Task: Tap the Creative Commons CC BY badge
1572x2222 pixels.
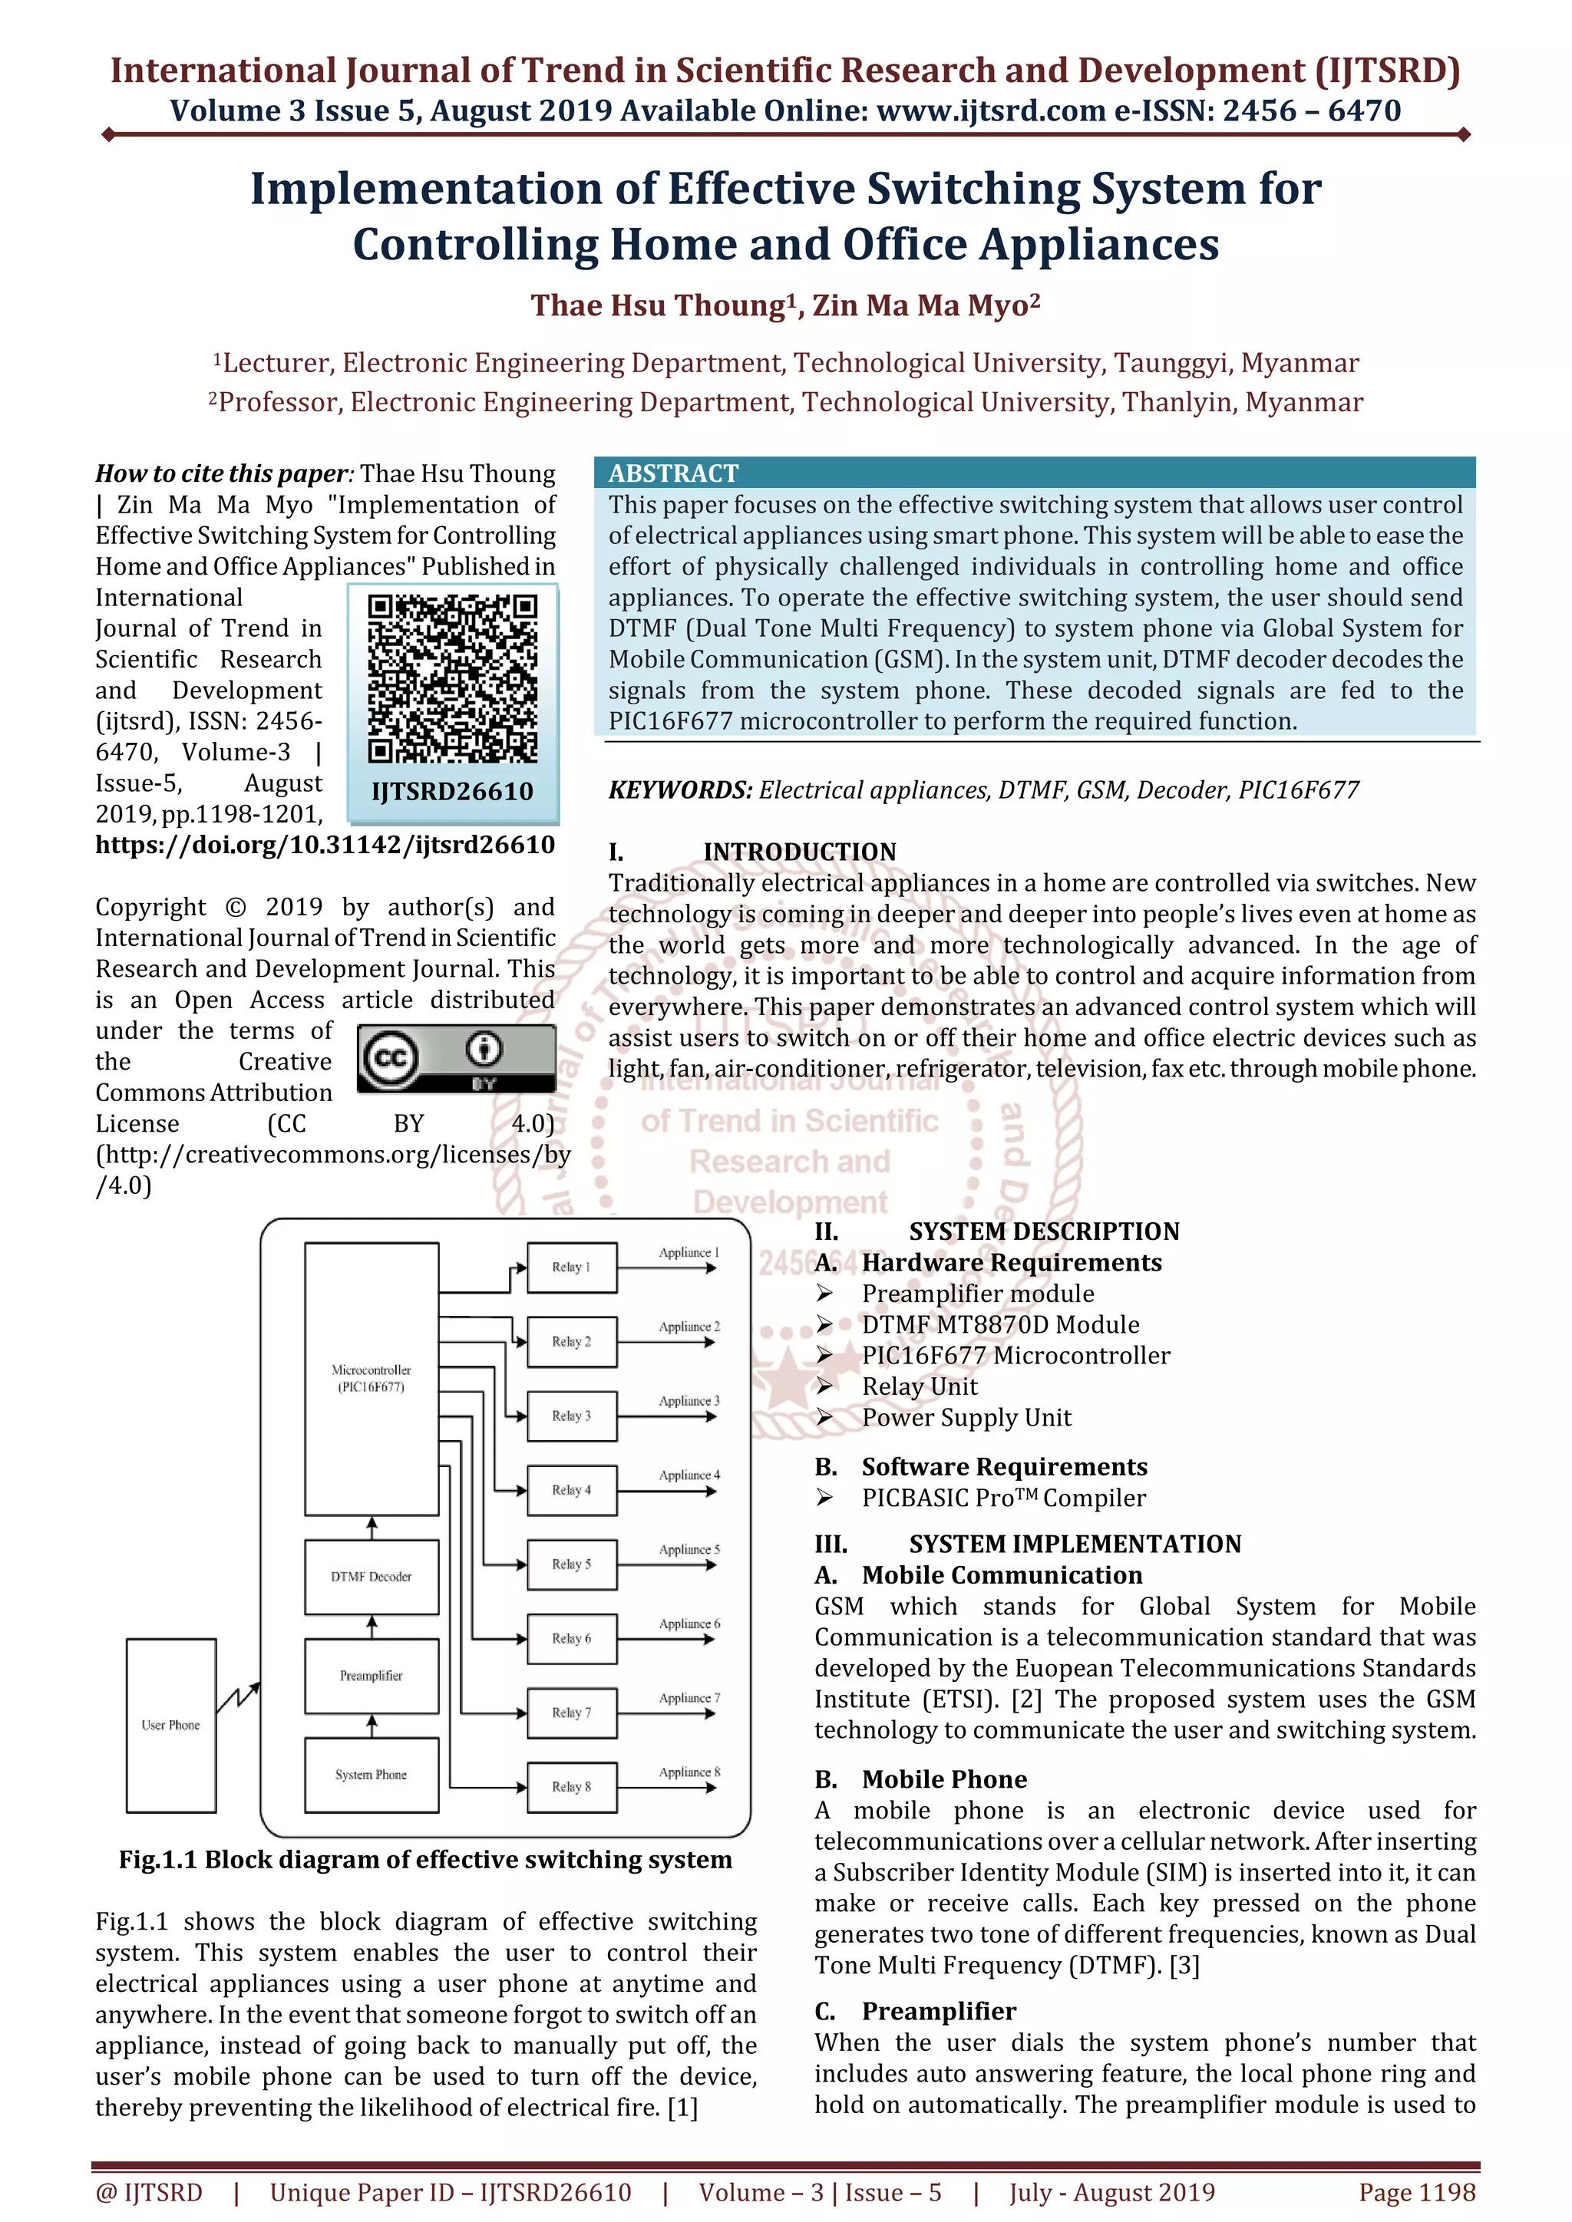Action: click(456, 1059)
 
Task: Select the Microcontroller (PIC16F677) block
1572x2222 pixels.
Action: click(371, 1378)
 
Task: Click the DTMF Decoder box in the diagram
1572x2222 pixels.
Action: click(371, 1577)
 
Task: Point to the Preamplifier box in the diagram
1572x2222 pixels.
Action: click(371, 1675)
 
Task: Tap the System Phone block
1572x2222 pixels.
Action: click(371, 1774)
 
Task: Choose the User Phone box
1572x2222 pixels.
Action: click(170, 1725)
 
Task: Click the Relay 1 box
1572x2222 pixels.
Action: click(571, 1267)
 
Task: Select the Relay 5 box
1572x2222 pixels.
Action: click(571, 1564)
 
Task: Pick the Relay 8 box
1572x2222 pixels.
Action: click(571, 1786)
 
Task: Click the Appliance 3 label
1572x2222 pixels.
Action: click(689, 1400)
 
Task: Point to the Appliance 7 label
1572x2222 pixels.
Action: click(689, 1697)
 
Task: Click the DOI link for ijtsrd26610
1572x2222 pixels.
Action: click(325, 845)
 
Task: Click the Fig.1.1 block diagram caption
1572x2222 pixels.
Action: click(425, 1859)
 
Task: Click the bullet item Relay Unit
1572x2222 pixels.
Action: click(920, 1386)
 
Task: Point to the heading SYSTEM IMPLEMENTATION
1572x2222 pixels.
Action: click(1075, 1544)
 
